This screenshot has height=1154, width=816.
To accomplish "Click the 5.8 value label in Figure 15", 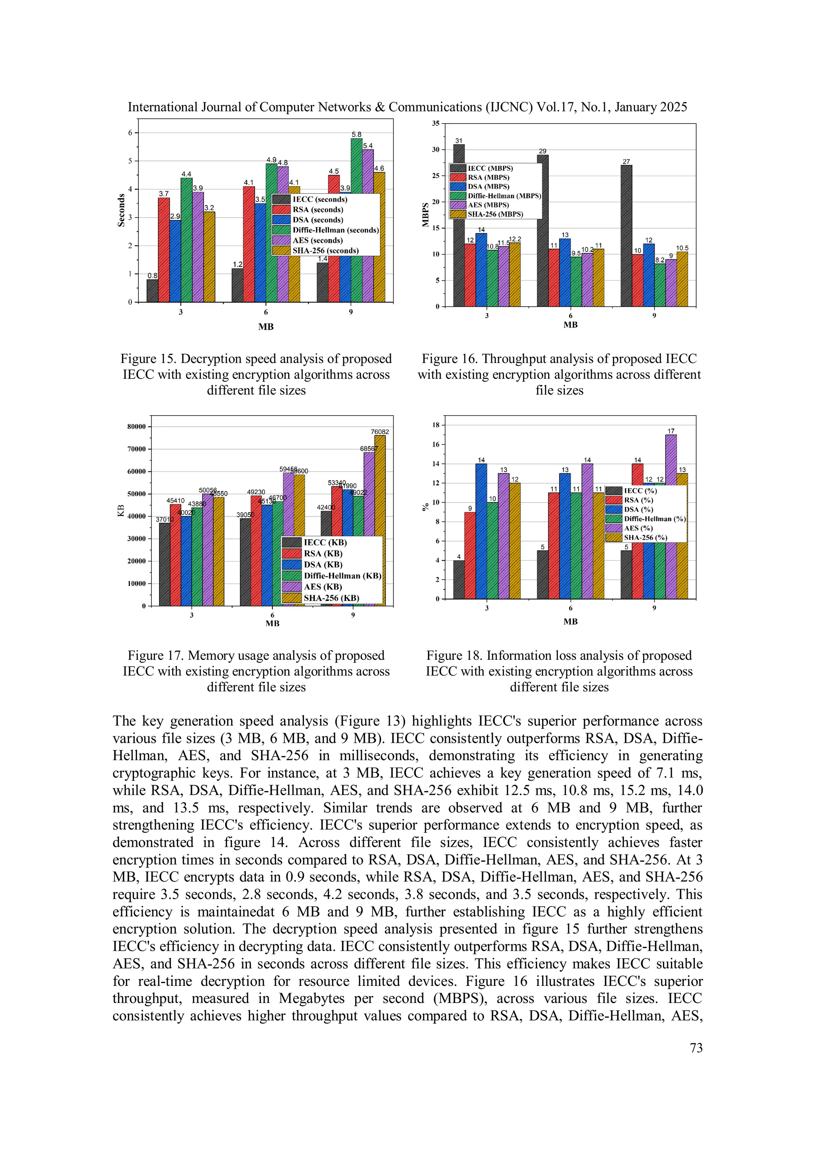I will click(x=356, y=134).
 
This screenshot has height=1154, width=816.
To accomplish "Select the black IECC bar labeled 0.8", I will click(x=152, y=291).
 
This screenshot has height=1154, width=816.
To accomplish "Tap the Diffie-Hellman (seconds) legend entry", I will click(x=335, y=230).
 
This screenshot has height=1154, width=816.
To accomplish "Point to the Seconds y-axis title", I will click(x=121, y=210).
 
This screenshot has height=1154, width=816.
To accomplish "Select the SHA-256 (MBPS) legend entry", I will click(x=495, y=214).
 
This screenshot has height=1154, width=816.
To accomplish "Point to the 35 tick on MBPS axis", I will click(x=435, y=124).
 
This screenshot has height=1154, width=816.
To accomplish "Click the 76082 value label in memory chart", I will click(x=380, y=432).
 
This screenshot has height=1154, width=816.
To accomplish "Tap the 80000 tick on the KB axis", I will click(x=136, y=427).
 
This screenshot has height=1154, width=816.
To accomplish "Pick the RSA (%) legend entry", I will click(x=638, y=500).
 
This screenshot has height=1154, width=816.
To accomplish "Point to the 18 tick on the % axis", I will click(x=435, y=425).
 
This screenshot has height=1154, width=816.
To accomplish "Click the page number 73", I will click(x=696, y=1048).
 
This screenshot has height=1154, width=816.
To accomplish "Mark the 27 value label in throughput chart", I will click(x=626, y=161).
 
